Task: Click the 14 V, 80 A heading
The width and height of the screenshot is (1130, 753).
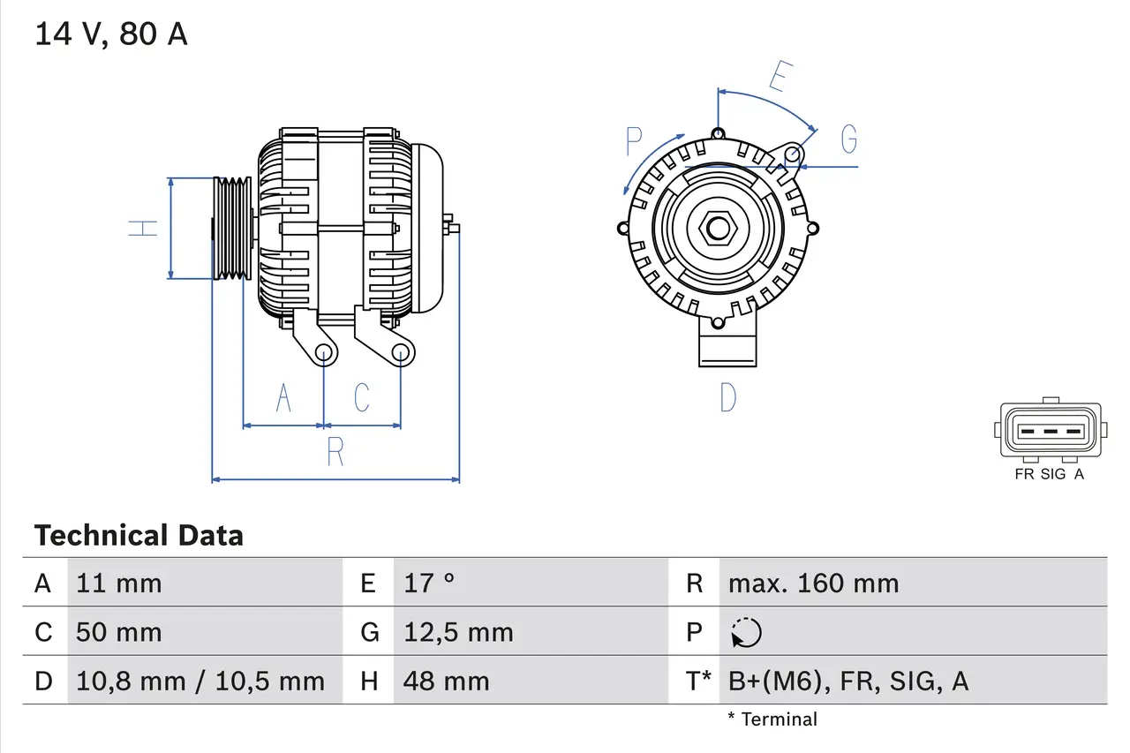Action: click(x=110, y=34)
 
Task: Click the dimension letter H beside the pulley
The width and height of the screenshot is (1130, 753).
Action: click(x=143, y=227)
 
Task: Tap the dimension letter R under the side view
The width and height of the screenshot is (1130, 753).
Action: click(x=335, y=451)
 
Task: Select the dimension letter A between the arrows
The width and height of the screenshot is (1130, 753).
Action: click(x=283, y=398)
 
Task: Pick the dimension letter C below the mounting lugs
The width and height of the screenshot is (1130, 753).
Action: click(x=362, y=398)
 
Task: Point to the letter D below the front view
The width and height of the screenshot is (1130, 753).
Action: click(x=727, y=398)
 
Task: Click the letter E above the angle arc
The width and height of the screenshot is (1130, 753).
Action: click(x=778, y=77)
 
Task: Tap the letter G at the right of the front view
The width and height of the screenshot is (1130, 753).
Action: click(x=848, y=139)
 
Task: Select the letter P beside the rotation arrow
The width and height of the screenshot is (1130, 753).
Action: click(x=633, y=142)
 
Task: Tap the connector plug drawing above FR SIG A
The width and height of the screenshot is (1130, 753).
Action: click(x=1050, y=431)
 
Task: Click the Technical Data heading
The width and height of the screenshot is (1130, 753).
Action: click(x=139, y=536)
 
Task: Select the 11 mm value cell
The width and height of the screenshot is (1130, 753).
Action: click(x=119, y=584)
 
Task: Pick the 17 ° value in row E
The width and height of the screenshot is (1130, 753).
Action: click(x=429, y=584)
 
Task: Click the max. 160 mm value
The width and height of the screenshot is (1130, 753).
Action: click(x=813, y=584)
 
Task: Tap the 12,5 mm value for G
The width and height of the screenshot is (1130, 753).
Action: click(x=458, y=632)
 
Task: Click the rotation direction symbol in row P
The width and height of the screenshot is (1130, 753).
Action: click(x=746, y=633)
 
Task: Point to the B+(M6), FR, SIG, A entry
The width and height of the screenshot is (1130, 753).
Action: click(x=847, y=681)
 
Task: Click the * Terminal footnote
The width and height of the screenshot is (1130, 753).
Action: click(x=772, y=719)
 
